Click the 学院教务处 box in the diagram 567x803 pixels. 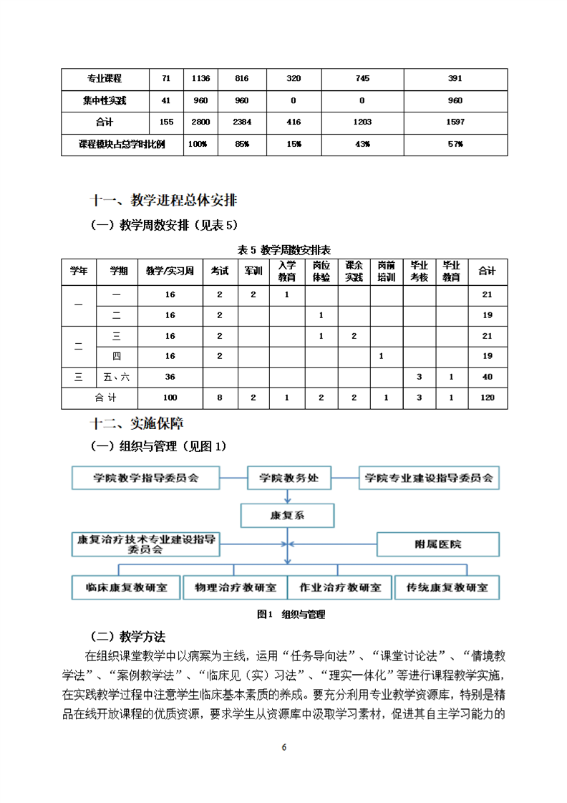[288, 478]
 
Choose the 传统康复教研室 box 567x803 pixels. [447, 587]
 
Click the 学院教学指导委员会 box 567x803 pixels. [145, 478]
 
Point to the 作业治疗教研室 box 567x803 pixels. [339, 587]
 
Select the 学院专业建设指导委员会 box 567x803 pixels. [430, 478]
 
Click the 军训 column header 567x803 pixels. [254, 271]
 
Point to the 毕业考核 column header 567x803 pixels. [419, 271]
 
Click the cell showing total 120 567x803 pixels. [487, 398]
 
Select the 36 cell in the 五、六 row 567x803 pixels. [170, 377]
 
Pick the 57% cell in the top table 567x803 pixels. [455, 144]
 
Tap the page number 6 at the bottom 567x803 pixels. [284, 747]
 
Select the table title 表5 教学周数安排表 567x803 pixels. [283, 249]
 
